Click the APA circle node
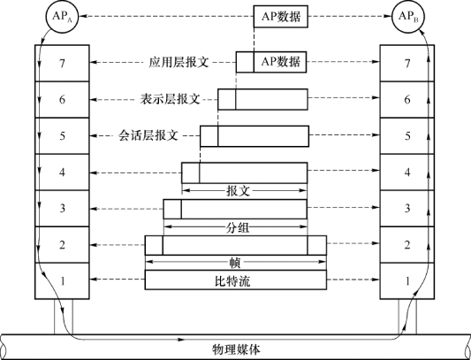pos(61,17)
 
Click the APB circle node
pos(407,17)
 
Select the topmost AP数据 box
pos(281,17)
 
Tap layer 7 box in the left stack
pos(62,63)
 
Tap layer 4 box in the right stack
pos(407,172)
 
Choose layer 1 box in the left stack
pos(62,281)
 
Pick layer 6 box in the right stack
pos(407,99)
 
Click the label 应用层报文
pos(179,62)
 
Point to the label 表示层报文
pos(170,99)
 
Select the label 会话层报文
pos(148,135)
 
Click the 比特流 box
pos(236,280)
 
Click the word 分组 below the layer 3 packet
pos(237,227)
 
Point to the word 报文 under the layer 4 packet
pos(238,191)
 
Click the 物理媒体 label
pos(236,349)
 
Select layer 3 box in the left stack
pos(62,209)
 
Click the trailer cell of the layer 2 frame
pos(317,245)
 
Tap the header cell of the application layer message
pos(245,62)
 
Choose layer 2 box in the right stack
pos(407,245)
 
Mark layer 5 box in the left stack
pos(62,135)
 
